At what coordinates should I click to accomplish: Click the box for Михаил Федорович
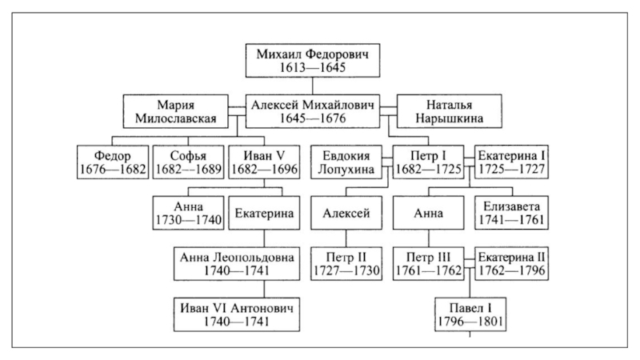click(313, 61)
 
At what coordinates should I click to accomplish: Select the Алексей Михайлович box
click(313, 111)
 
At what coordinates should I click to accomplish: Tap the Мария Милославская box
click(175, 111)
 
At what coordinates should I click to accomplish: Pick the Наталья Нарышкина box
click(450, 111)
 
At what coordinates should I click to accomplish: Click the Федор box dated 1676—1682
click(113, 162)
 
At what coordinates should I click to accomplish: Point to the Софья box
click(188, 162)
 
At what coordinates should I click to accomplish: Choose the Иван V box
click(264, 162)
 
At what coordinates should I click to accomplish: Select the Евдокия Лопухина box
click(346, 162)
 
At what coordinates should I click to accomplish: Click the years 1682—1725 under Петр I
click(429, 170)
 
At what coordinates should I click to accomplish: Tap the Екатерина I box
click(511, 162)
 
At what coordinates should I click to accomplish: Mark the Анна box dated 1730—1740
click(188, 213)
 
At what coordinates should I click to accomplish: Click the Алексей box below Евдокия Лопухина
click(346, 213)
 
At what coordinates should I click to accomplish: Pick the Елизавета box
click(511, 213)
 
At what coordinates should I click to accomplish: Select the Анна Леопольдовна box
click(237, 264)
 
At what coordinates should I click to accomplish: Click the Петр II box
click(346, 264)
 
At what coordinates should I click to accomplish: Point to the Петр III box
click(429, 264)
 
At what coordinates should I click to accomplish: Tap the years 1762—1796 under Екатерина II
click(512, 270)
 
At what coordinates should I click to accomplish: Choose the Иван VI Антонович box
click(237, 314)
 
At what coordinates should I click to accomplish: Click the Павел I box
click(470, 314)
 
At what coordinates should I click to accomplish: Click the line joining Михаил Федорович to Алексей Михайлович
click(313, 86)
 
